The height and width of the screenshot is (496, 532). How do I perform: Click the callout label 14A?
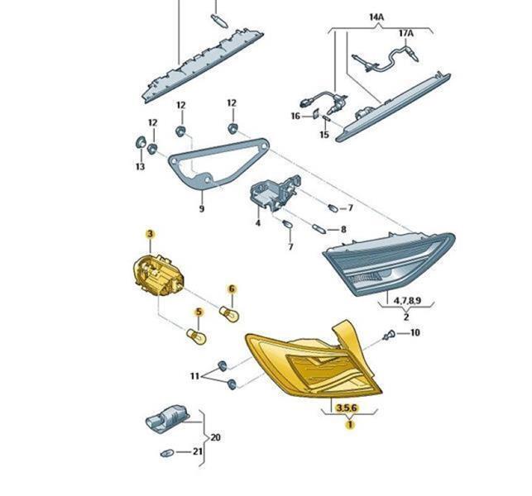point(376,17)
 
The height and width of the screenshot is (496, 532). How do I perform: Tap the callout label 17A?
point(406,33)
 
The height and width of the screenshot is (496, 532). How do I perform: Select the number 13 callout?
point(140,166)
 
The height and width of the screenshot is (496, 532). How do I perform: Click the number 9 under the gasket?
point(202,208)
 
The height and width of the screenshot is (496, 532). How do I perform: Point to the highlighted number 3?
point(151,234)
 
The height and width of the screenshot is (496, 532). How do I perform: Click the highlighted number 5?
point(198,312)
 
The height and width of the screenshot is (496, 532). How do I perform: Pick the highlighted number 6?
point(232,289)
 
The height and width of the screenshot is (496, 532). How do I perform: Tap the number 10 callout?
point(415,332)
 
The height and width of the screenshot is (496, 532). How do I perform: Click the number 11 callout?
point(194,376)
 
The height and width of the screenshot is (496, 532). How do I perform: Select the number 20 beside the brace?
point(215,437)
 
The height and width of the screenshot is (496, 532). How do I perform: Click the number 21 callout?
point(198,451)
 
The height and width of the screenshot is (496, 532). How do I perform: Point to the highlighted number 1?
point(350,424)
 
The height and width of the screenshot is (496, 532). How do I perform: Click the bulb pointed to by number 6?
point(229,313)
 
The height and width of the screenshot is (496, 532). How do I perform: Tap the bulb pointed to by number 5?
point(196,336)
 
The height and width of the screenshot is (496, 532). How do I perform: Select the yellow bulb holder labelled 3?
point(158,275)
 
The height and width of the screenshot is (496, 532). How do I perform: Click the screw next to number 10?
point(389,335)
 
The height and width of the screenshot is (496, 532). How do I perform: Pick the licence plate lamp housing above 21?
point(167,418)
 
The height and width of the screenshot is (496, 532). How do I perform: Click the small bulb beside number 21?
point(167,453)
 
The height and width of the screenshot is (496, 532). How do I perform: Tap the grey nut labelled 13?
point(140,142)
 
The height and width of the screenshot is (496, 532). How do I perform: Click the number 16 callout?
point(295,117)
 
